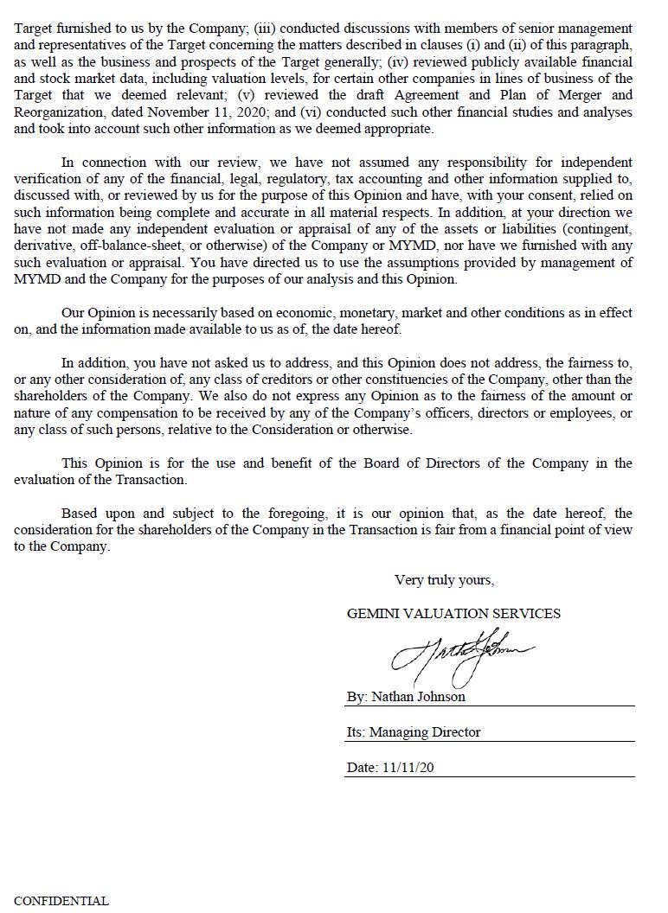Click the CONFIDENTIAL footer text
tap(61, 901)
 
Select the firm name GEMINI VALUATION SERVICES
tap(453, 614)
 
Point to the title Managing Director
tap(425, 732)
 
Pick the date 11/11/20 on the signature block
tap(407, 768)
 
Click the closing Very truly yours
tap(444, 580)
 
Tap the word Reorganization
tap(58, 112)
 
